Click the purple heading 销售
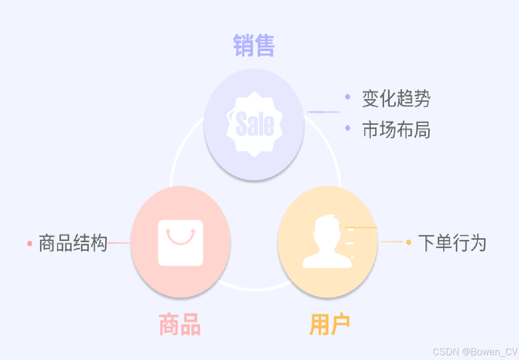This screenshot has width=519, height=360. click(x=254, y=45)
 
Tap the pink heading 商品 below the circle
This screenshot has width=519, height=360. click(x=180, y=325)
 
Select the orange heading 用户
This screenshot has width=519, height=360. click(x=330, y=325)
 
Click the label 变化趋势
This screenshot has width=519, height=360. click(x=396, y=99)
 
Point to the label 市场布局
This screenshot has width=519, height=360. click(x=396, y=130)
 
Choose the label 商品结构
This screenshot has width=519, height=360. click(x=73, y=243)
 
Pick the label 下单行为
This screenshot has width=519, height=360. click(x=452, y=243)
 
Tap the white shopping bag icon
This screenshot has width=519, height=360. click(x=180, y=243)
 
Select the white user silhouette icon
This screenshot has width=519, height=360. click(x=327, y=242)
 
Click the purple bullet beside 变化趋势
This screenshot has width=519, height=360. click(x=348, y=97)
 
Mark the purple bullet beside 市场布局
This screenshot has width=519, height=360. click(x=348, y=128)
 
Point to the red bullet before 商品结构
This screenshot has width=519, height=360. click(x=29, y=243)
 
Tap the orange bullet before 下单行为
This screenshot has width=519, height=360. click(x=408, y=242)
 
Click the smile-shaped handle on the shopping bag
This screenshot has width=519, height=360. click(x=180, y=238)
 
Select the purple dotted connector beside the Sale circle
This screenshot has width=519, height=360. click(x=323, y=112)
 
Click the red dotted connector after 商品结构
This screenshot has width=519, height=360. click(x=118, y=243)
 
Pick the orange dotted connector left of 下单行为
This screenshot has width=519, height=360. click(x=392, y=242)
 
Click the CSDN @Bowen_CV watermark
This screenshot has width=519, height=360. click(x=475, y=351)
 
